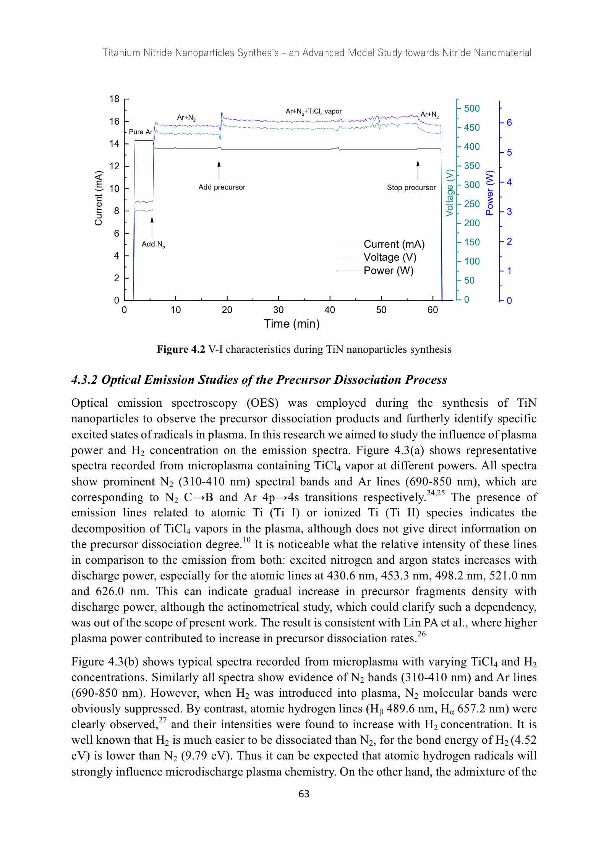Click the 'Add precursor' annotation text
(x=222, y=187)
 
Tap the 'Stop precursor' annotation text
(x=411, y=188)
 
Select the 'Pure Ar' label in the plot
(x=141, y=132)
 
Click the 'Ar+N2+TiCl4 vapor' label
(x=314, y=112)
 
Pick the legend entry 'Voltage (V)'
(x=390, y=257)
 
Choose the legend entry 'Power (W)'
(x=389, y=271)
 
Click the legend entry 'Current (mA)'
(x=394, y=244)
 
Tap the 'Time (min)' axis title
(x=292, y=324)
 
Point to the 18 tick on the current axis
(x=114, y=99)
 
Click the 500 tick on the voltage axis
(x=472, y=109)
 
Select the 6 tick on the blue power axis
(x=509, y=123)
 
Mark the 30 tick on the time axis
(x=279, y=310)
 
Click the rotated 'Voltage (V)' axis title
(x=450, y=192)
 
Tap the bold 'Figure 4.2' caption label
(x=181, y=349)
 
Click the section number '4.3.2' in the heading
(x=85, y=380)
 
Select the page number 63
(x=304, y=794)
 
